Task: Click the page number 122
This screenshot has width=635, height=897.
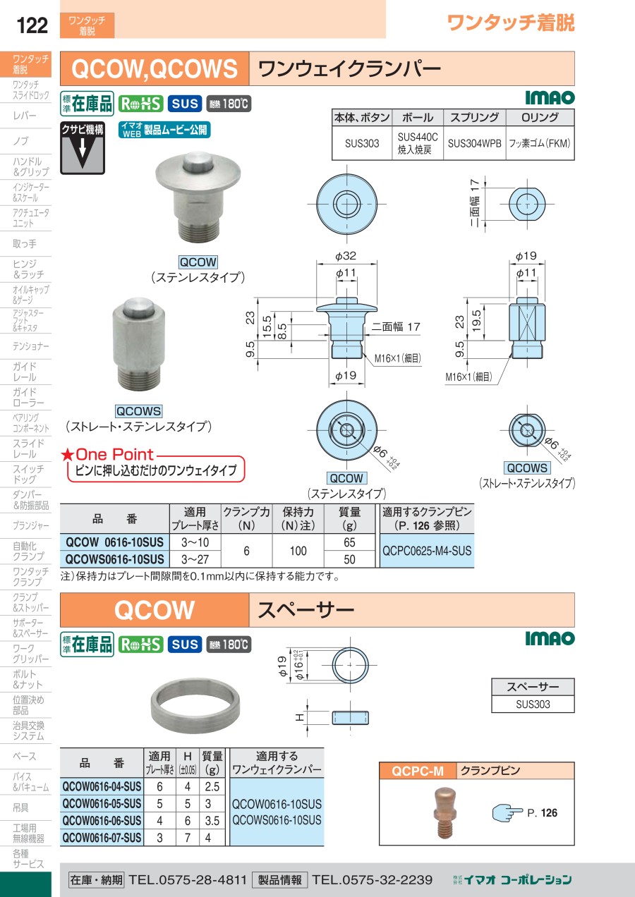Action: pos(32,25)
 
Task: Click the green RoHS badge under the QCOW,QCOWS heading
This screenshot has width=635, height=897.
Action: pos(141,104)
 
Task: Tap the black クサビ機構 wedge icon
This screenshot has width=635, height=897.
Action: pos(83,148)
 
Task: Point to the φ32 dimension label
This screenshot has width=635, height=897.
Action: pos(346,256)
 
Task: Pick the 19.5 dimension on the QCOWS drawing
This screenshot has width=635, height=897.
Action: pos(476,321)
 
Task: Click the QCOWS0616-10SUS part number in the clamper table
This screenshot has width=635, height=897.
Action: pos(114,559)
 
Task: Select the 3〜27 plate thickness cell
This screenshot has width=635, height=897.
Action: pos(195,559)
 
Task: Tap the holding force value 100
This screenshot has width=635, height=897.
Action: pos(298,551)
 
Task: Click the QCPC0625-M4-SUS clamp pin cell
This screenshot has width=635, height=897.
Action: pos(427,551)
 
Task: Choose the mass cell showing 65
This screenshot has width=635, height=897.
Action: pos(349,542)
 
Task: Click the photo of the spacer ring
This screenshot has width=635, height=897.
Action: pos(195,706)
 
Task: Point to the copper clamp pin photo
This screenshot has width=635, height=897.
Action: pos(445,813)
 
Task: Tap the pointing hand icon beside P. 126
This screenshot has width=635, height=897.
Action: pos(507,813)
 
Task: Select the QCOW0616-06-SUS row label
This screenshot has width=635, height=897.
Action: pos(102,821)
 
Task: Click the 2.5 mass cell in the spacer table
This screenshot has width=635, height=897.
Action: pos(212,786)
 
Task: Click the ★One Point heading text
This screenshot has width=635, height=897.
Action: pos(107,455)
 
